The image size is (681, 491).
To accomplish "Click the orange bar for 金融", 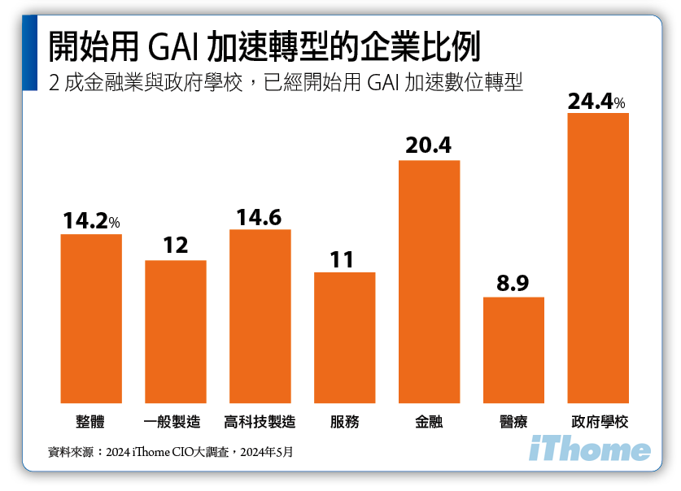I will [429, 281].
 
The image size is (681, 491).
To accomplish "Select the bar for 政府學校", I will [598, 258].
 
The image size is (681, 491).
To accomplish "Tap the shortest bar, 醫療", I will [513, 350].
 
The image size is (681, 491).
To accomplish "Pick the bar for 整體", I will [91, 318].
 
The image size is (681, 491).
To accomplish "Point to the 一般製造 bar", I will [176, 331].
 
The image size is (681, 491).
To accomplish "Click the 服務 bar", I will [345, 337].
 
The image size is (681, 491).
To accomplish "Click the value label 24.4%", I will [596, 102].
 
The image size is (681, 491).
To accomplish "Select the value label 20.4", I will [428, 147].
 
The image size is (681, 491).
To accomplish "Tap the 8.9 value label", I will [513, 284].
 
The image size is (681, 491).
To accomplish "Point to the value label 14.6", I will [260, 218].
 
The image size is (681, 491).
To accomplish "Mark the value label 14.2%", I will [91, 221].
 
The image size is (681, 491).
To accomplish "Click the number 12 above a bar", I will [175, 245].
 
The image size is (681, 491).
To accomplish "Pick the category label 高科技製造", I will [260, 423].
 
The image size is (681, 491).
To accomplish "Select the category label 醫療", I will [513, 423].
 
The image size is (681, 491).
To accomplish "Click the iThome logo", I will [590, 450].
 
